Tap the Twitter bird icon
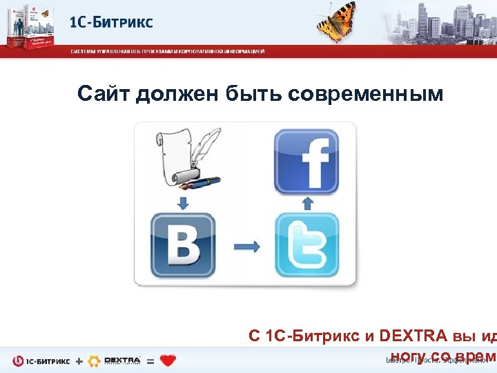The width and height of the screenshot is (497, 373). click(x=308, y=246)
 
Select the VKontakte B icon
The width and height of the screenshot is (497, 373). click(x=183, y=246)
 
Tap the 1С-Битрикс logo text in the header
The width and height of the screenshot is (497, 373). click(x=111, y=22)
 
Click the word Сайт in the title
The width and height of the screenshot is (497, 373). click(x=104, y=93)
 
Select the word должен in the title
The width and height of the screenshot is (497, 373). click(x=177, y=93)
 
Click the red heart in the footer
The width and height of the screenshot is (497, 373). click(x=168, y=361)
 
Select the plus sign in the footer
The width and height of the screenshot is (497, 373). click(x=79, y=361)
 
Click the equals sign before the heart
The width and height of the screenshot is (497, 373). click(x=150, y=361)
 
